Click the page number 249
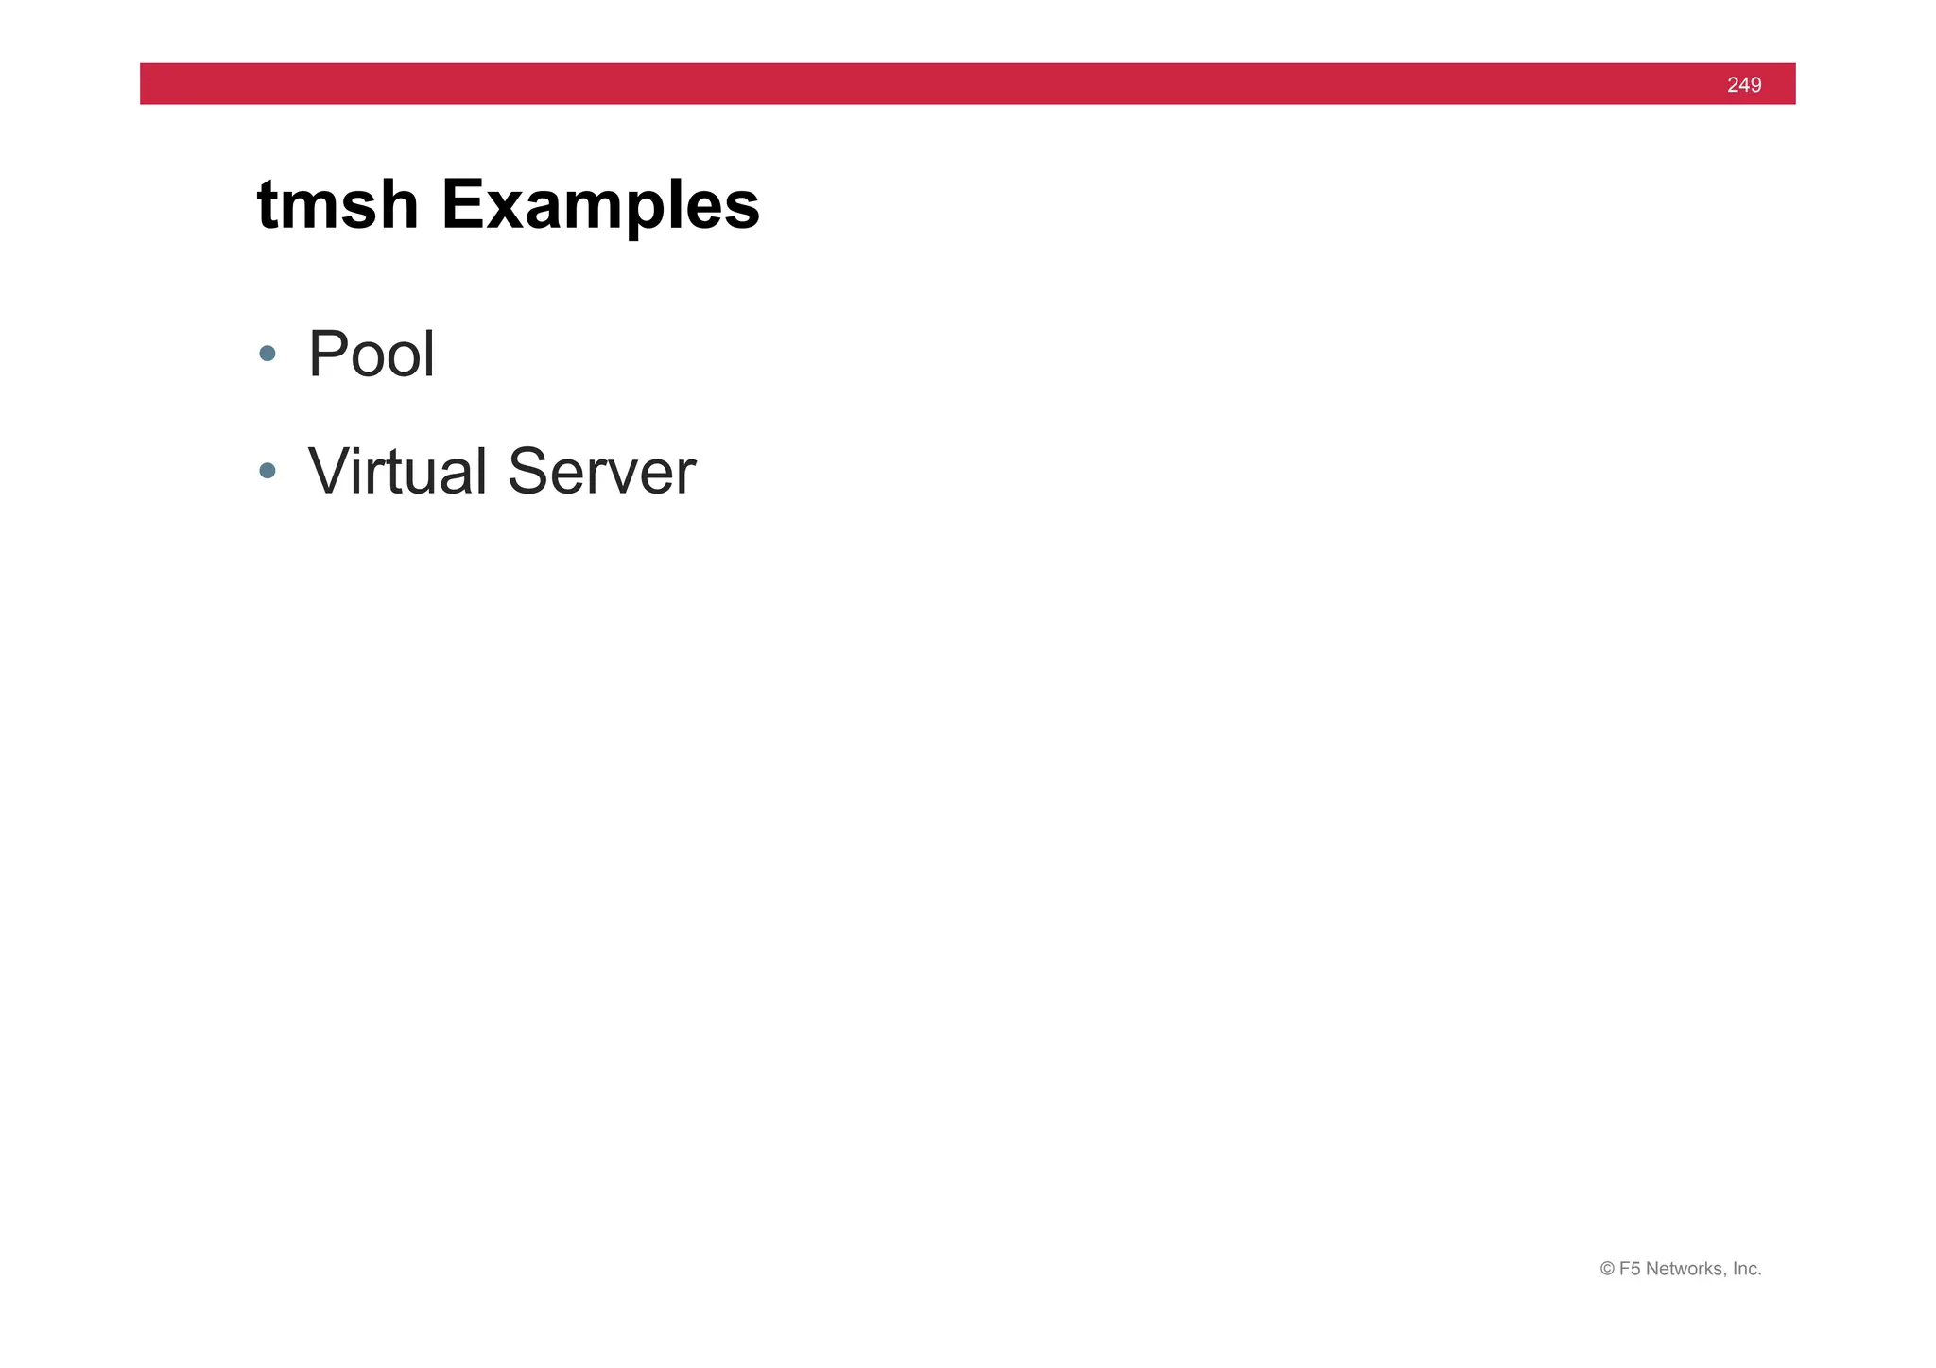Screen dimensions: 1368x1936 [1743, 85]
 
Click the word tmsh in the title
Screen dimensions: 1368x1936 [337, 204]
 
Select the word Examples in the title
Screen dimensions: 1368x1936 [600, 206]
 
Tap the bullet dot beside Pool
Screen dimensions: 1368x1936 [268, 354]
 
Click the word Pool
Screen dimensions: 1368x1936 [372, 354]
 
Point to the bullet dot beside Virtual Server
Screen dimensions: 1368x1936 [268, 471]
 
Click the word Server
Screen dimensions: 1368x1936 [601, 471]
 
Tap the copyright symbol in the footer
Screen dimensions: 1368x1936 [1607, 1269]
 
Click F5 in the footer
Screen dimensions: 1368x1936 [1630, 1269]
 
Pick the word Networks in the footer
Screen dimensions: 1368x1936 [1685, 1269]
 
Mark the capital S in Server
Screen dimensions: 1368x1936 [527, 471]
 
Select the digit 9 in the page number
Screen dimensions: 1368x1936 [1755, 85]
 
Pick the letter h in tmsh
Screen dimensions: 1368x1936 [398, 204]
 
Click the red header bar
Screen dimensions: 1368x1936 [945, 84]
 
